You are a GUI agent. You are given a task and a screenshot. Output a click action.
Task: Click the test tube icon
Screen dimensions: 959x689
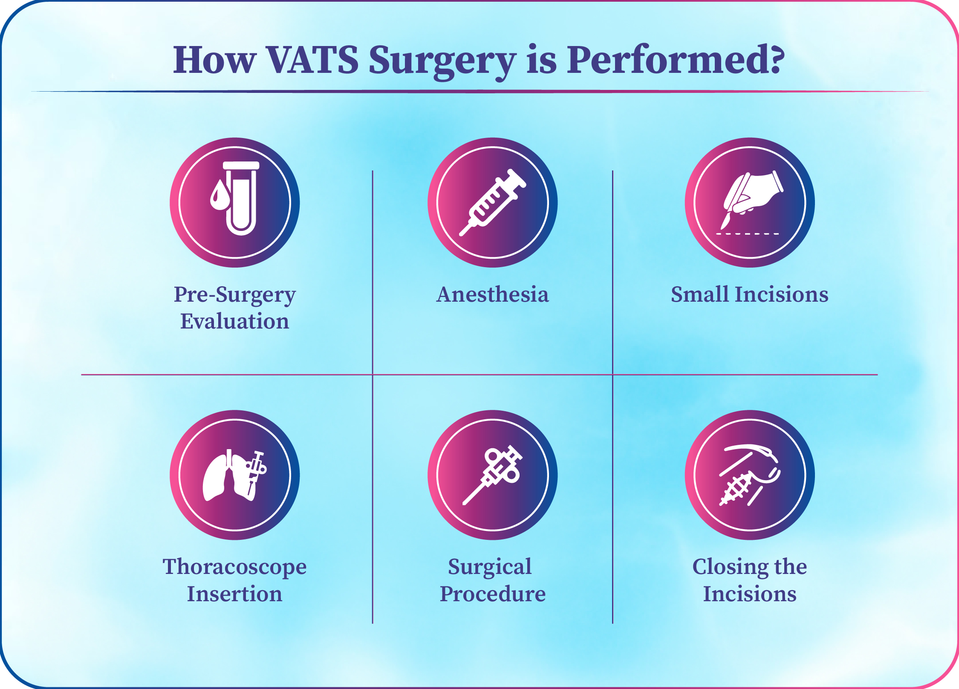241,198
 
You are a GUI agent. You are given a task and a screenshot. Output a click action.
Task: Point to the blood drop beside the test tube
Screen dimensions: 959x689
220,195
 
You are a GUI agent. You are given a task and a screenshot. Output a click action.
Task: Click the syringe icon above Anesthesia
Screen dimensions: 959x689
493,202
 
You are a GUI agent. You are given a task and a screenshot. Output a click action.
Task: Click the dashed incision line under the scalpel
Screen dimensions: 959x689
748,234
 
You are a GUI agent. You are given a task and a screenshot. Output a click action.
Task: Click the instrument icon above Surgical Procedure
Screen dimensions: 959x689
493,475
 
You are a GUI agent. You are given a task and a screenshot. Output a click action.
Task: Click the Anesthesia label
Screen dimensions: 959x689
493,294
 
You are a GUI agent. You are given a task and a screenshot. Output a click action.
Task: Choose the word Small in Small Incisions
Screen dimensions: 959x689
700,294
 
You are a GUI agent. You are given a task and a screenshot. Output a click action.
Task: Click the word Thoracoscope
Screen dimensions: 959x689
235,568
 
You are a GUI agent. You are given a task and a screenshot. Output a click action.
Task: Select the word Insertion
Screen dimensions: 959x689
235,594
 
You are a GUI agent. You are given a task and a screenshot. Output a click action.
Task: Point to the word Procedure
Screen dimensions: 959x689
493,594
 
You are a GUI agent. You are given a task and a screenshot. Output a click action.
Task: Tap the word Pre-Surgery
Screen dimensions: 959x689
235,295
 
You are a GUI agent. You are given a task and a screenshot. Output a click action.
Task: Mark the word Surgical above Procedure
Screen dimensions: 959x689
490,568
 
